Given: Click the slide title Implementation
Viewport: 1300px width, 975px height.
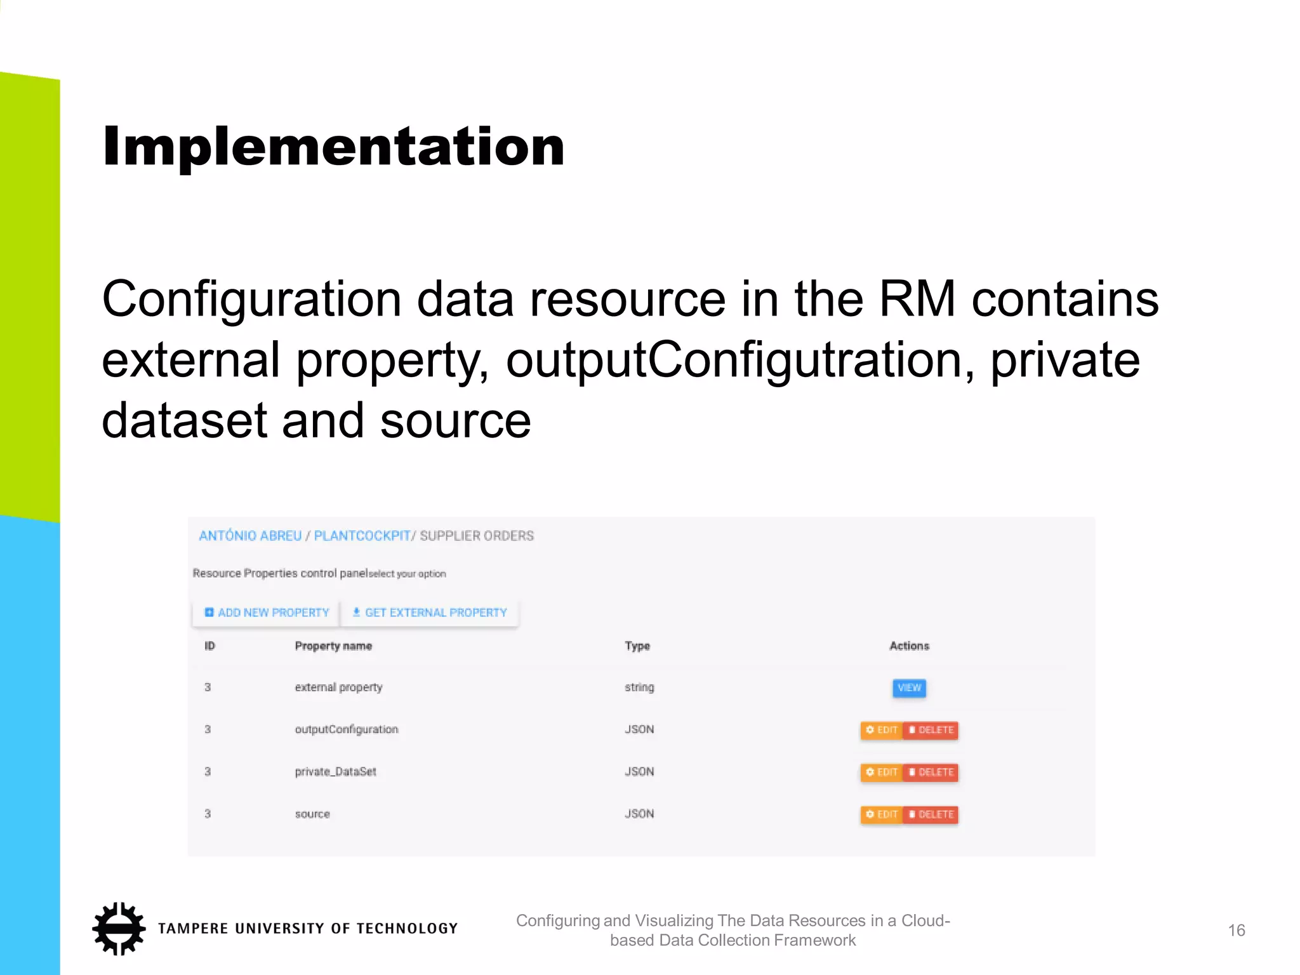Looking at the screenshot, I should pyautogui.click(x=333, y=147).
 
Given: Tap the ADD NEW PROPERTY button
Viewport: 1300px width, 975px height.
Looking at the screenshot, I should pyautogui.click(x=267, y=613).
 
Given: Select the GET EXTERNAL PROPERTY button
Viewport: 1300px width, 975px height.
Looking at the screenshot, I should pyautogui.click(x=430, y=613).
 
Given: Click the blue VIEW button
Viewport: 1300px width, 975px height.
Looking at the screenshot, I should pyautogui.click(x=909, y=688).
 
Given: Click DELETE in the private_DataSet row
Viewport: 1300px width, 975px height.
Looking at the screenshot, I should pyautogui.click(x=931, y=773).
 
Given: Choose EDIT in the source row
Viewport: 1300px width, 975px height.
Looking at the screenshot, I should pyautogui.click(x=882, y=814).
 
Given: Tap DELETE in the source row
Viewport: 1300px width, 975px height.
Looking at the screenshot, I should pyautogui.click(x=931, y=814).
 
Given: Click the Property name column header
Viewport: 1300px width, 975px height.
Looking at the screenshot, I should pyautogui.click(x=333, y=646).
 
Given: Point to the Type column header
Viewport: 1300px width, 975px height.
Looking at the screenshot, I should pyautogui.click(x=637, y=646).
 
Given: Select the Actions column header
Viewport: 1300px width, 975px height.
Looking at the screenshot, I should pyautogui.click(x=909, y=646).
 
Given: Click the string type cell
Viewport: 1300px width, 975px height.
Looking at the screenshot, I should pyautogui.click(x=639, y=687).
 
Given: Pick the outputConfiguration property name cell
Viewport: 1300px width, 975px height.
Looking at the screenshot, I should pyautogui.click(x=347, y=729).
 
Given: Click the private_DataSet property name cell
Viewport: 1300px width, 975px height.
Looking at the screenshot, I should pyautogui.click(x=336, y=772).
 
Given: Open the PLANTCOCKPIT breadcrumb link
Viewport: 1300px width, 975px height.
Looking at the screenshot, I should pyautogui.click(x=362, y=536).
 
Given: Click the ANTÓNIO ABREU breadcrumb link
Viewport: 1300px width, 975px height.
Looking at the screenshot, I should pyautogui.click(x=250, y=536).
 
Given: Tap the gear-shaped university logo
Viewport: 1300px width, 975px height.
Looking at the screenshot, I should pyautogui.click(x=119, y=928).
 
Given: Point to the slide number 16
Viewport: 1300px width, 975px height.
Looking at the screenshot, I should pyautogui.click(x=1236, y=931).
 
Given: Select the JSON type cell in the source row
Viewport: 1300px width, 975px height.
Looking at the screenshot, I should pyautogui.click(x=639, y=814).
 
